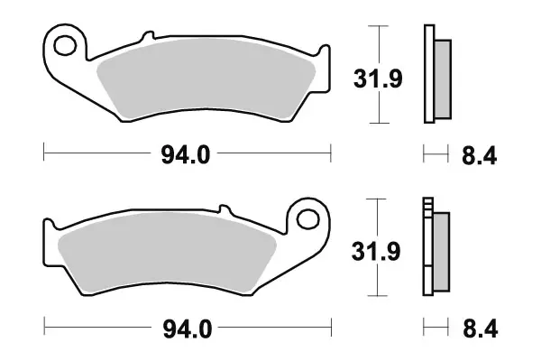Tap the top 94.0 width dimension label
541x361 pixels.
pos(187,155)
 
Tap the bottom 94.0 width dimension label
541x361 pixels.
pos(187,330)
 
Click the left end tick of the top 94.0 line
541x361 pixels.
pos(44,155)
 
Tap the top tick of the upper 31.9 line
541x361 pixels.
pos(381,27)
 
